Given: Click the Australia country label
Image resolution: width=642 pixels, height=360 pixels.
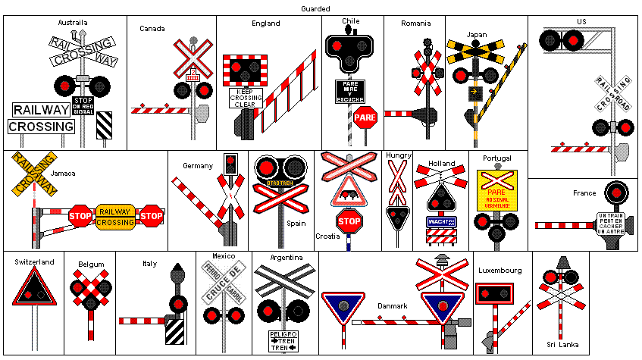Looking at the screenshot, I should (x=73, y=23).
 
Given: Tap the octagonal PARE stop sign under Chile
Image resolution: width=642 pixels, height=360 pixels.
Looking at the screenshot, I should (x=365, y=117).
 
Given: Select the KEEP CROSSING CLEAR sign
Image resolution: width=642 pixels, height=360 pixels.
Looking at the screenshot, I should (x=246, y=99).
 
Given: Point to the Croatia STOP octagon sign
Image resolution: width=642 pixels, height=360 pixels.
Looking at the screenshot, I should (x=349, y=222).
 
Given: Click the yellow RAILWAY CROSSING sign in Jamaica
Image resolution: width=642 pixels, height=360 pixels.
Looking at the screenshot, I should (x=115, y=217).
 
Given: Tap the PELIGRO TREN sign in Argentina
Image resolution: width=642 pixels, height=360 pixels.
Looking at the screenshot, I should (x=283, y=340).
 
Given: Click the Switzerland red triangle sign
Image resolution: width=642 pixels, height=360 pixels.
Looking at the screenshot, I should (x=33, y=288).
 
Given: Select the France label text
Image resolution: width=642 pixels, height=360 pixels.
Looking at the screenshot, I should (x=584, y=193).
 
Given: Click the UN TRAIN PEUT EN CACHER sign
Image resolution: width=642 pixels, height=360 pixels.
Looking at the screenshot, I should (x=615, y=225).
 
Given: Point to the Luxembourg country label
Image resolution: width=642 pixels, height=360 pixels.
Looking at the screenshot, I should (x=500, y=271).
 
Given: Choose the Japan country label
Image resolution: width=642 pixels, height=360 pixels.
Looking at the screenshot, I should (x=477, y=34).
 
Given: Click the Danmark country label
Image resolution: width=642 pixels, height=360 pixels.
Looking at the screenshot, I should (x=393, y=306).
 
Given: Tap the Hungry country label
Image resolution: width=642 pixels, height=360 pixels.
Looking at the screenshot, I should (x=399, y=155).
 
